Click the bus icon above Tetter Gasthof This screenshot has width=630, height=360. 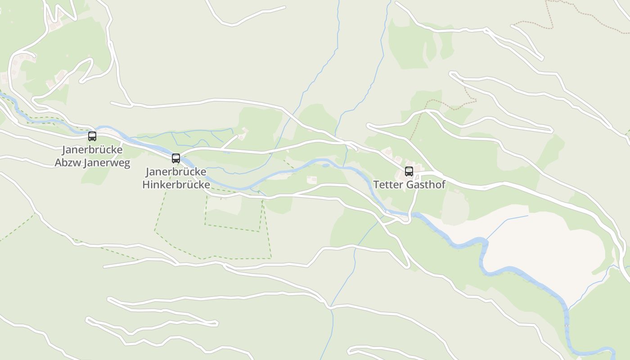tap(409, 171)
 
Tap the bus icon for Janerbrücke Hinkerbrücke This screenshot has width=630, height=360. tap(176, 158)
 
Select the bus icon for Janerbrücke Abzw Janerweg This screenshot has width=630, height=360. tap(92, 136)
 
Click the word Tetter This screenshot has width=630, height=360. tap(388, 185)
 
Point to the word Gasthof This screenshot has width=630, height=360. tap(426, 185)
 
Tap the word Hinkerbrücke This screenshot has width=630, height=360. tap(176, 185)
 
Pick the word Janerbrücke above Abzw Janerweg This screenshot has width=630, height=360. tap(92, 149)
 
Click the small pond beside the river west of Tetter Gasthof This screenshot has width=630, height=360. tap(326, 165)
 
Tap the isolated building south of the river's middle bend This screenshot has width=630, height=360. tap(311, 180)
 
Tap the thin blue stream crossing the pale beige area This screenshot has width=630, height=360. tap(508, 222)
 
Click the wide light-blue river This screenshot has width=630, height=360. tap(517, 272)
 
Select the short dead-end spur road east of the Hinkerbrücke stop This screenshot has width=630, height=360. tap(229, 142)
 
